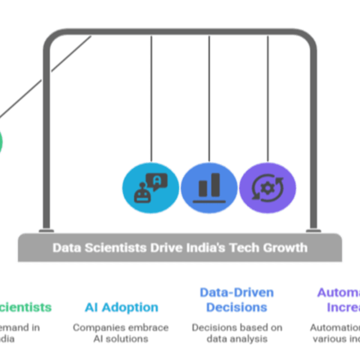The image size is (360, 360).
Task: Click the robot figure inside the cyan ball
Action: point(143,193)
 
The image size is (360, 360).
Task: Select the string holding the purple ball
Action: point(268,99)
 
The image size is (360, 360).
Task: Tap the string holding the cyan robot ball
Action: point(151,99)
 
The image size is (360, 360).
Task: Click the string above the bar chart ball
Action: point(209,99)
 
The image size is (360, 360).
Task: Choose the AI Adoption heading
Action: point(121,308)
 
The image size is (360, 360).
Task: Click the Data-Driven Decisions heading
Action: point(237,300)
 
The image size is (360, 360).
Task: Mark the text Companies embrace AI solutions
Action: point(121,333)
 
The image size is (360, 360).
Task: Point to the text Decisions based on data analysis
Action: point(237,333)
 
